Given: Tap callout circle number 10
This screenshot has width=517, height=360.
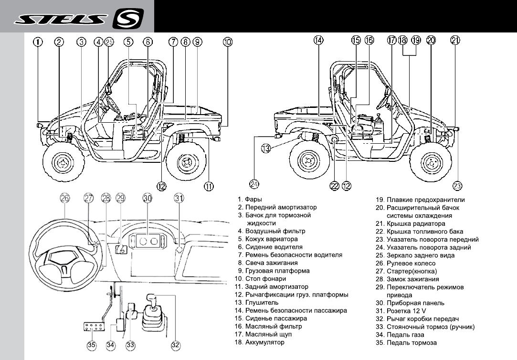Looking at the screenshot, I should [x=228, y=42].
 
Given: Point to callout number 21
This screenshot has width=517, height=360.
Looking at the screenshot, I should [x=455, y=41].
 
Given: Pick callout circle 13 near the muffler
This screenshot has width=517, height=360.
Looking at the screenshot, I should [x=266, y=148].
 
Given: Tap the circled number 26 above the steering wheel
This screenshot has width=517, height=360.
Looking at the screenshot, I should [x=65, y=198].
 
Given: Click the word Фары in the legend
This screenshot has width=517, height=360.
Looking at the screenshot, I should [x=253, y=200].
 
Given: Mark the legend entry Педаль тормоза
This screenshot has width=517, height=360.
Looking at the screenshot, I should [x=411, y=343].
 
